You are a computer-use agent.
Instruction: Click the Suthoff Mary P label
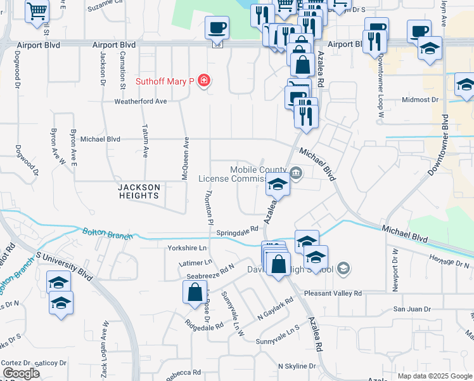pyautogui.click(x=165, y=81)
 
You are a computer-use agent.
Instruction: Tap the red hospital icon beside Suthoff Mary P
pyautogui.click(x=205, y=81)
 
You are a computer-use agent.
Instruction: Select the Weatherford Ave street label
pyautogui.click(x=140, y=101)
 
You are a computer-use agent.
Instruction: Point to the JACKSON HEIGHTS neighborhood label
pyautogui.click(x=138, y=191)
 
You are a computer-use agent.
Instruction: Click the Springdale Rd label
pyautogui.click(x=238, y=231)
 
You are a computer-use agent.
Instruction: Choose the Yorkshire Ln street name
pyautogui.click(x=187, y=248)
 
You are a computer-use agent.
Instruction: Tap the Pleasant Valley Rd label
pyautogui.click(x=333, y=293)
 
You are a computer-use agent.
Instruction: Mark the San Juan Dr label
pyautogui.click(x=413, y=309)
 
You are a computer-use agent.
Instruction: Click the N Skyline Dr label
pyautogui.click(x=297, y=366)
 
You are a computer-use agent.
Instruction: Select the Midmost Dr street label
pyautogui.click(x=420, y=100)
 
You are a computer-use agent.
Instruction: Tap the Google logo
pyautogui.click(x=21, y=373)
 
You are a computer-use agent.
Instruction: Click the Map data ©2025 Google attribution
pyautogui.click(x=434, y=376)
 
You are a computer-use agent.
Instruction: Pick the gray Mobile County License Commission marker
pyautogui.click(x=296, y=173)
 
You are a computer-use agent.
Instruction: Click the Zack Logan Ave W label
pyautogui.click(x=105, y=336)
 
